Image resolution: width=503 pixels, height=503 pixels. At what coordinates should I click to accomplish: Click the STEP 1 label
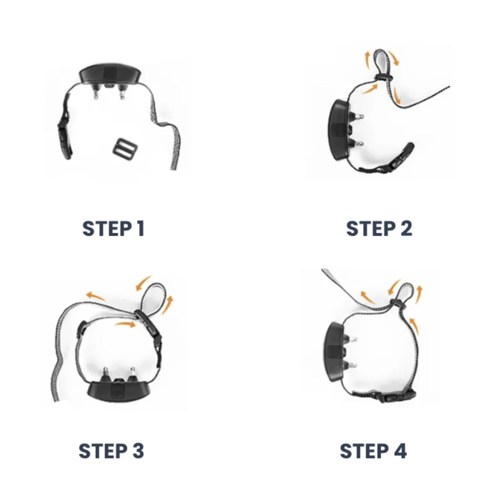(113, 229)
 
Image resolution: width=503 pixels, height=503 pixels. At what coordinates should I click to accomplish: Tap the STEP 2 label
(379, 229)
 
